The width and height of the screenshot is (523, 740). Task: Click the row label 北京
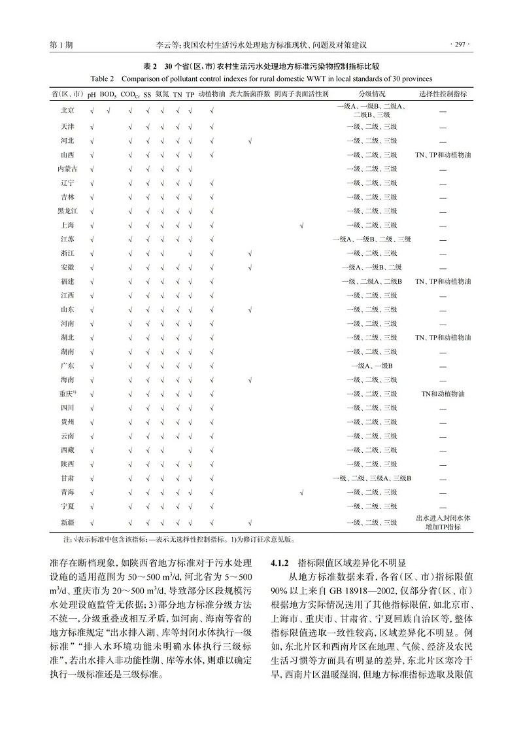pos(67,110)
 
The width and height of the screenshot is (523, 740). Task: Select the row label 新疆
pos(67,522)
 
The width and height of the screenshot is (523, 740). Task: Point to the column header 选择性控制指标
pos(443,94)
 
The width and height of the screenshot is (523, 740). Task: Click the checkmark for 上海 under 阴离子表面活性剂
pos(301,226)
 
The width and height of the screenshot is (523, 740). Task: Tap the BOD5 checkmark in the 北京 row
pos(108,110)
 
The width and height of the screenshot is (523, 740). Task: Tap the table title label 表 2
pos(150,67)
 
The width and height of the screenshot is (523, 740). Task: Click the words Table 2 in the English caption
pos(101,79)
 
